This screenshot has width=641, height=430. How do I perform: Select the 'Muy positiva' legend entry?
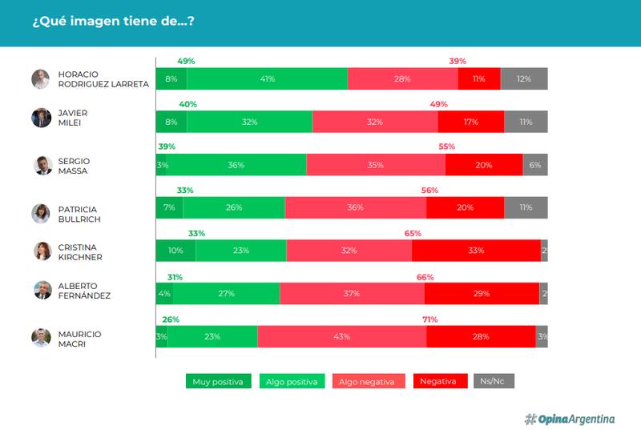(219, 381)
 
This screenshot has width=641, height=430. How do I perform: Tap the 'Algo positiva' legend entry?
(291, 381)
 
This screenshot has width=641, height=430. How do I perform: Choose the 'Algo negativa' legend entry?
(366, 381)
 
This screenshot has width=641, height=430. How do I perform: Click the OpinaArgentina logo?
(570, 419)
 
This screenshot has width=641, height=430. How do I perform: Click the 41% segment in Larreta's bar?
(268, 79)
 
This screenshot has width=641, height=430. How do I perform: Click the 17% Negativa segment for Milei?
(471, 123)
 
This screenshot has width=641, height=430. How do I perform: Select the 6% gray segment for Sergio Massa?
(535, 165)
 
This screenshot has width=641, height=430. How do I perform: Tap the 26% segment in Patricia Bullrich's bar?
(234, 207)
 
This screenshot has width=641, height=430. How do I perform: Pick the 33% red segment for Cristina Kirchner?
(476, 251)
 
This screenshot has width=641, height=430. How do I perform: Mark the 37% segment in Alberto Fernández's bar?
(352, 294)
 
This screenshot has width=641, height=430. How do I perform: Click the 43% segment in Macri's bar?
(341, 337)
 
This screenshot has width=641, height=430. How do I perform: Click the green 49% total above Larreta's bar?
(186, 61)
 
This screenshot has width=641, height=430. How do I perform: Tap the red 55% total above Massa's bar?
(446, 147)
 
